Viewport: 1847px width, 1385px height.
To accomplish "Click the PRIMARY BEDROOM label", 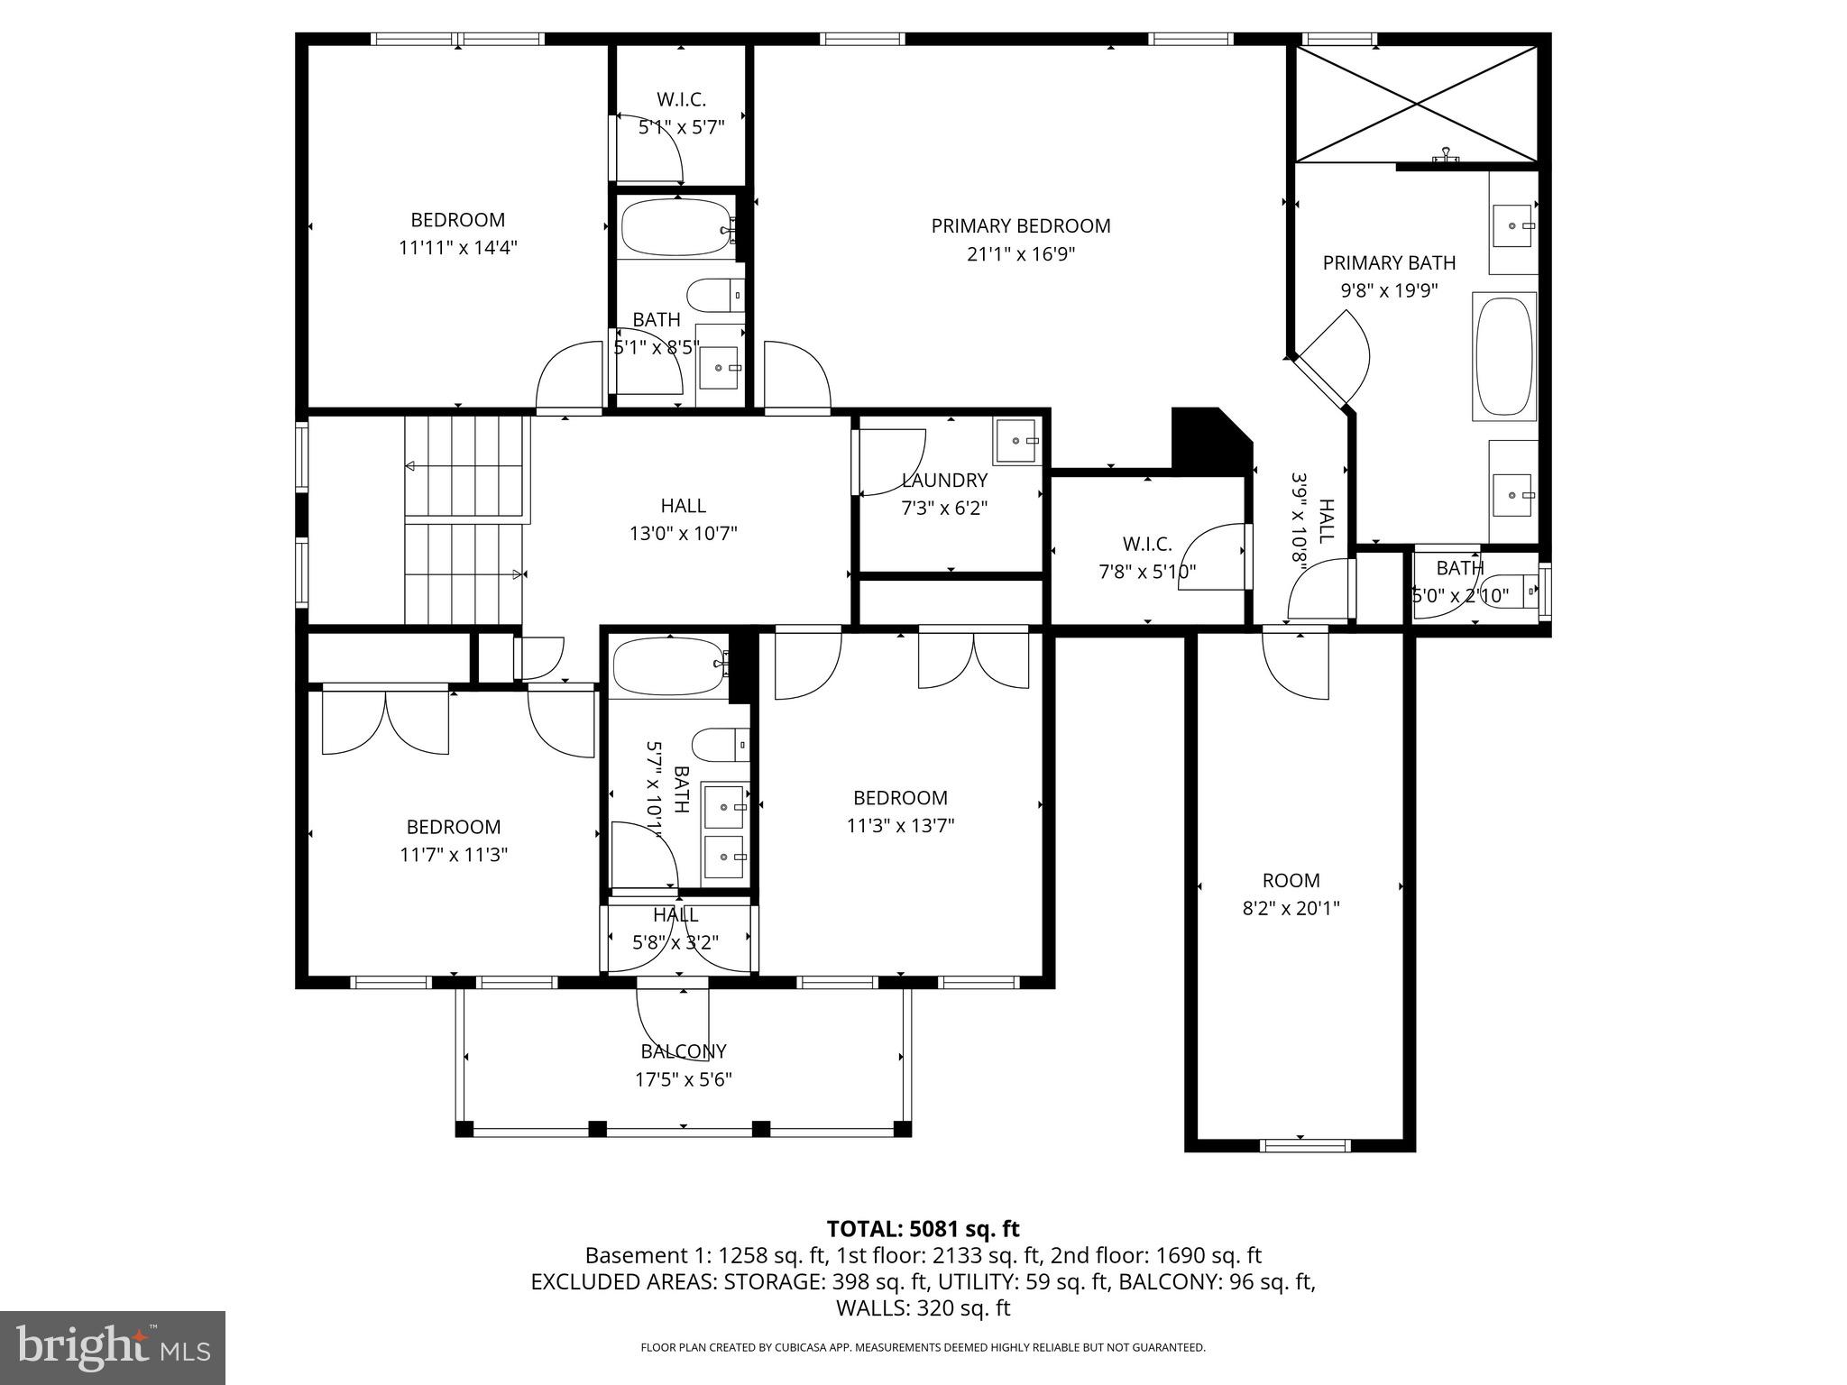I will (1020, 225).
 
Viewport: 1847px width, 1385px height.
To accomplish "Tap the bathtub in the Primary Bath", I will (1503, 355).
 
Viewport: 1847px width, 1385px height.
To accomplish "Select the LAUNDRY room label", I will (944, 481).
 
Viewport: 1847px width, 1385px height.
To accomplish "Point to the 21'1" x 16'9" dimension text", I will (1020, 254).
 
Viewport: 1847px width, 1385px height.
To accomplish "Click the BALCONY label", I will (683, 1051).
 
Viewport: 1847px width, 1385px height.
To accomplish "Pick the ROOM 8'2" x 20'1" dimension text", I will (1291, 909).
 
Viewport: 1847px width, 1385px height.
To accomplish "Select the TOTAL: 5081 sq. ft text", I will (923, 1229).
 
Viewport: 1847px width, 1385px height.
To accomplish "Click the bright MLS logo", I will (113, 1346).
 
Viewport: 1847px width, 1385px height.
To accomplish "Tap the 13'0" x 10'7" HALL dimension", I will (683, 534).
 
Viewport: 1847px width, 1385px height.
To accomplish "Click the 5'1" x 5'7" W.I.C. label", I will (681, 100).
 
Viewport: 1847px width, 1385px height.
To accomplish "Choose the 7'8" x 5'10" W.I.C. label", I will (1147, 544).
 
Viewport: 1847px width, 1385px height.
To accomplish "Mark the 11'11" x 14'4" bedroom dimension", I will (457, 248).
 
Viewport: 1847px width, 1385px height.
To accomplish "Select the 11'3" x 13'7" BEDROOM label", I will (900, 798).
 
